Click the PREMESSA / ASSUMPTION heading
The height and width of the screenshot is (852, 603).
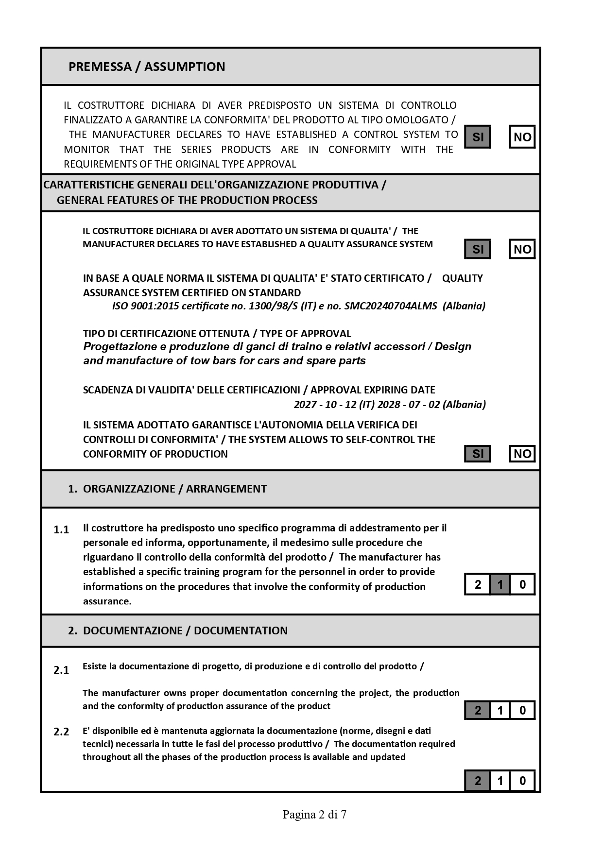point(147,67)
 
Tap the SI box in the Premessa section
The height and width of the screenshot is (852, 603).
point(478,137)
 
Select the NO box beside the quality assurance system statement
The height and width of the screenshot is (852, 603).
point(522,249)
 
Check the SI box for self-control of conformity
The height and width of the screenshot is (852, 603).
point(478,454)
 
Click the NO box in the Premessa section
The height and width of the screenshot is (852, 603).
point(522,137)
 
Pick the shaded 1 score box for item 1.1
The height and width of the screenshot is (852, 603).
point(500,584)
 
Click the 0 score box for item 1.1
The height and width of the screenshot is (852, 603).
point(522,584)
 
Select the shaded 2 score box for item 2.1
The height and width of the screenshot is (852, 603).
point(478,711)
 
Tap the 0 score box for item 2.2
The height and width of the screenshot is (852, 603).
point(522,781)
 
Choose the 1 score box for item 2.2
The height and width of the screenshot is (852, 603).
point(500,781)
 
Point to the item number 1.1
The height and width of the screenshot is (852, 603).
point(61,529)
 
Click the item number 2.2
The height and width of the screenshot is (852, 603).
point(61,732)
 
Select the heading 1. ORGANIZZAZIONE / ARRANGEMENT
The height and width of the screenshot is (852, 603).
point(168,489)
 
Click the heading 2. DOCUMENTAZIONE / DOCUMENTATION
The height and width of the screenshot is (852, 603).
point(178,630)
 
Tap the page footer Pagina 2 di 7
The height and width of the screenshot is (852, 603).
point(314,815)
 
